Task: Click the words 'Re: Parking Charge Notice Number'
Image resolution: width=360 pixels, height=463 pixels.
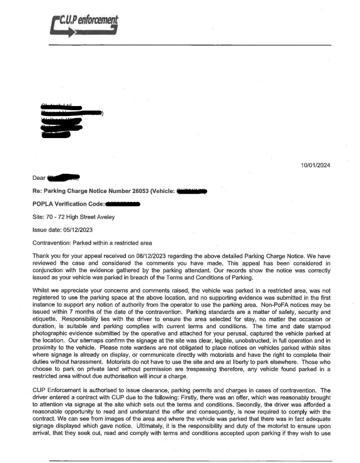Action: point(88,191)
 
